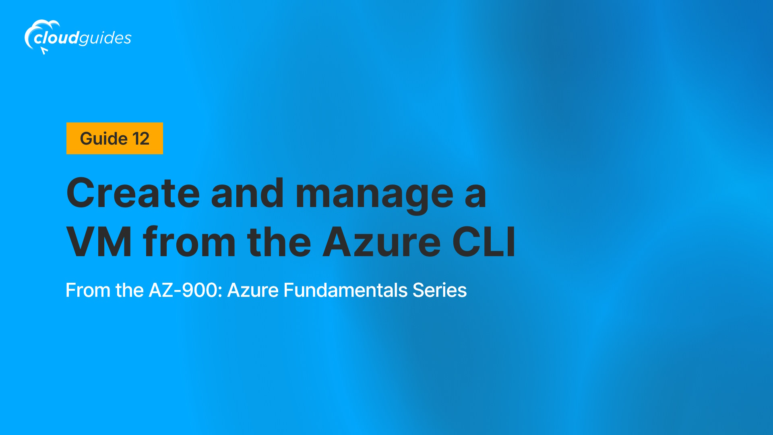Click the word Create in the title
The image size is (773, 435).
133,193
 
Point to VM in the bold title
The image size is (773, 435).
99,242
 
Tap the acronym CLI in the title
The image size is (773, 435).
484,242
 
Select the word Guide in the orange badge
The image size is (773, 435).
104,139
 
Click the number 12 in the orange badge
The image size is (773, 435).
141,139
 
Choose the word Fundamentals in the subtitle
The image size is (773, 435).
345,290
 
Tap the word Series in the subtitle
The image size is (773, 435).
440,290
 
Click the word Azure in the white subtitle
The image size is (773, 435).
253,290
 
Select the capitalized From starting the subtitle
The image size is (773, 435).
88,290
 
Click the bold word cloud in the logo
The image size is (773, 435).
56,38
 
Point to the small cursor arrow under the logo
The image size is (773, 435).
44,50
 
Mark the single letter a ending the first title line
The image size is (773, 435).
475,197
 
